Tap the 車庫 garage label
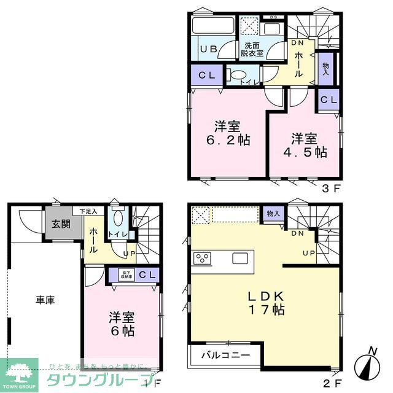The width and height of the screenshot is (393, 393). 45,300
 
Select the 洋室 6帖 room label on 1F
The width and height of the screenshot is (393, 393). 122,324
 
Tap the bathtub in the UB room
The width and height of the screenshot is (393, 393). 213,27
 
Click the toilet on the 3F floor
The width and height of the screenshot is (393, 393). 236,76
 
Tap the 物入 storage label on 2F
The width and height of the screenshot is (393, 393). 273,213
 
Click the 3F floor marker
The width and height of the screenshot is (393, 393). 331,188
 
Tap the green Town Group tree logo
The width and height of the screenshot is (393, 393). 19,370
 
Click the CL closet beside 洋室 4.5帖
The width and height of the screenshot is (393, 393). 328,100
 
